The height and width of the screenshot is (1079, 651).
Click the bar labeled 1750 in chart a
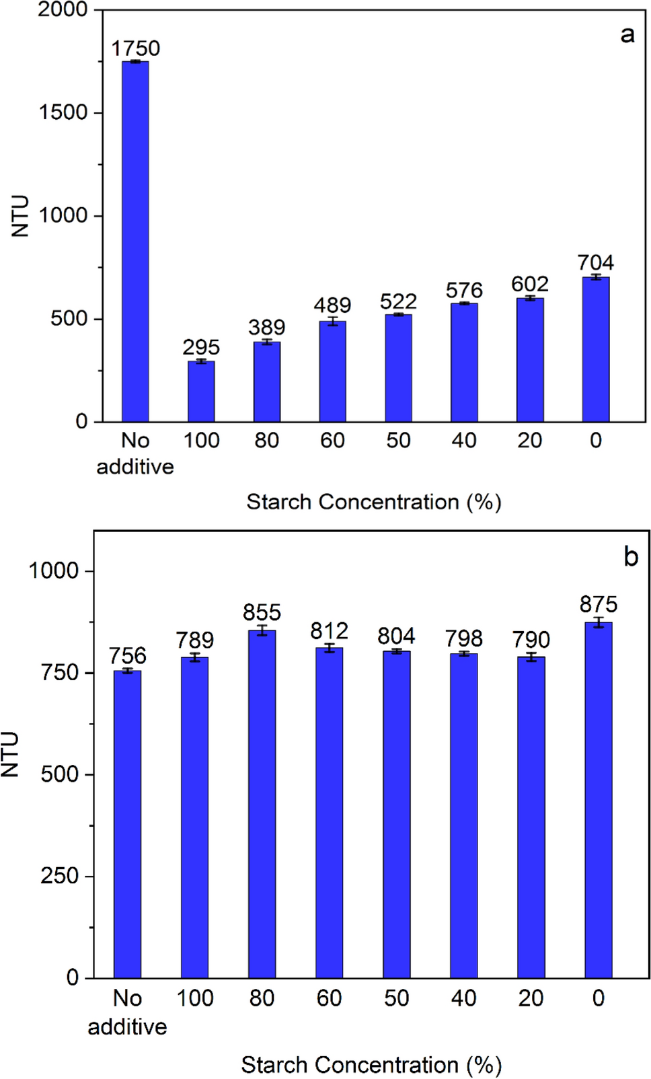[135, 242]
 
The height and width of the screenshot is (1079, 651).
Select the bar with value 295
[201, 392]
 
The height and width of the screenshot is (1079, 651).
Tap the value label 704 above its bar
[595, 262]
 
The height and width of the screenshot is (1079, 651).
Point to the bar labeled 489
[332, 371]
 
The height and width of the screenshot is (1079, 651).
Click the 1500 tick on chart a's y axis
[63, 112]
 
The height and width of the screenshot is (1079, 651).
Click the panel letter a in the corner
[627, 34]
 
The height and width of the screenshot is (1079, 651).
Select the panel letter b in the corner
[630, 557]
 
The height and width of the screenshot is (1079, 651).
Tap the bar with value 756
[127, 823]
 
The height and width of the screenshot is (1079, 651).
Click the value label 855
[262, 613]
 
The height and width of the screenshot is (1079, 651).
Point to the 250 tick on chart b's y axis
[60, 876]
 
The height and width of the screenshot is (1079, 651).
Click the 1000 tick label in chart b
[54, 571]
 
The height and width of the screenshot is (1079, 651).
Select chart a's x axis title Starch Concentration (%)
[374, 502]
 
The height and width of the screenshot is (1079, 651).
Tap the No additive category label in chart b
[127, 1012]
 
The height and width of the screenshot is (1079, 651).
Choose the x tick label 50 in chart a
[398, 441]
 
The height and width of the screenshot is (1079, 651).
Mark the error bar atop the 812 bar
[329, 648]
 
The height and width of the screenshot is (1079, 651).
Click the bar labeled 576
[464, 363]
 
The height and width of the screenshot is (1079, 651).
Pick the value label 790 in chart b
[531, 639]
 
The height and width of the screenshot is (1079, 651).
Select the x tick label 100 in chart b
[194, 998]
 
